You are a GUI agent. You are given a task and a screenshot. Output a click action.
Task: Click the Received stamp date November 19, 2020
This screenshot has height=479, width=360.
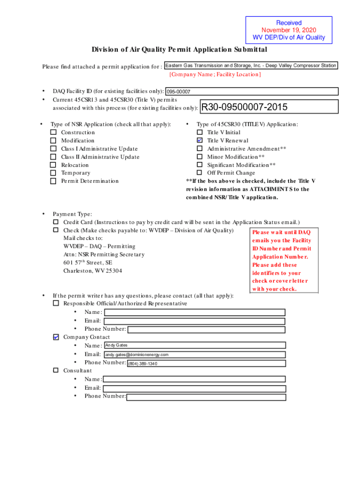[288, 30]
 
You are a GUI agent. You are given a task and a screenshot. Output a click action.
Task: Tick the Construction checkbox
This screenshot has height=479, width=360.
[53, 132]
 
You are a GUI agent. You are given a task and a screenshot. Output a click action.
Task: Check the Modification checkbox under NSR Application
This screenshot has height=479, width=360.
[53, 140]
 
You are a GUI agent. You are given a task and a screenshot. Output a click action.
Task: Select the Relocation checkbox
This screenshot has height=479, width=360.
[53, 165]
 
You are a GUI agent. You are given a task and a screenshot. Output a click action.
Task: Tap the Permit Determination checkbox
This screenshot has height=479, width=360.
[53, 181]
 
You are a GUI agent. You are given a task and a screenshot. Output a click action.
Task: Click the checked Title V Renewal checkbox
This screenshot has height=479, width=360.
[200, 140]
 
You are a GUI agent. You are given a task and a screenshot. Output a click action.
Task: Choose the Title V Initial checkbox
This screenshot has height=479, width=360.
[200, 132]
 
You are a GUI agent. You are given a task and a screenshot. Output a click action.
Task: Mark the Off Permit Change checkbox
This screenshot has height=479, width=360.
[200, 173]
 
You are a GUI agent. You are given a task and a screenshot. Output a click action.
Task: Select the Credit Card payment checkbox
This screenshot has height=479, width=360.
[56, 222]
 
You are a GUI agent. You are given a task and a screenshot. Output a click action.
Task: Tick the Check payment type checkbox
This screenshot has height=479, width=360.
[56, 230]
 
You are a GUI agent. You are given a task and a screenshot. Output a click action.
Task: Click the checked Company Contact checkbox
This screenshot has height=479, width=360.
[56, 337]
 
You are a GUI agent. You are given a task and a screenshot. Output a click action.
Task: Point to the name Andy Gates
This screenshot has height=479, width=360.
[116, 345]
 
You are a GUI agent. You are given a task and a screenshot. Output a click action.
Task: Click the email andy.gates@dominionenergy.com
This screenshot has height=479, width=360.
[137, 355]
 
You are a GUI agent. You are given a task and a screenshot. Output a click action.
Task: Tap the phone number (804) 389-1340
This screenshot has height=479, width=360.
[143, 363]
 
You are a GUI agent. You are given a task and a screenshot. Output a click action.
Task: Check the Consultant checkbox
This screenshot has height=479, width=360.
[56, 370]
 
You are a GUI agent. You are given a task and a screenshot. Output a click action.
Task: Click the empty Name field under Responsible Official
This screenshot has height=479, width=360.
[194, 312]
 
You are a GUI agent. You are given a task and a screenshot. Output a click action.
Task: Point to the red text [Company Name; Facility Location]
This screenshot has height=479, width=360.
[215, 74]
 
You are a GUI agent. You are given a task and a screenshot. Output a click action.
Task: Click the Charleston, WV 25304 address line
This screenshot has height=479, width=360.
[93, 271]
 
